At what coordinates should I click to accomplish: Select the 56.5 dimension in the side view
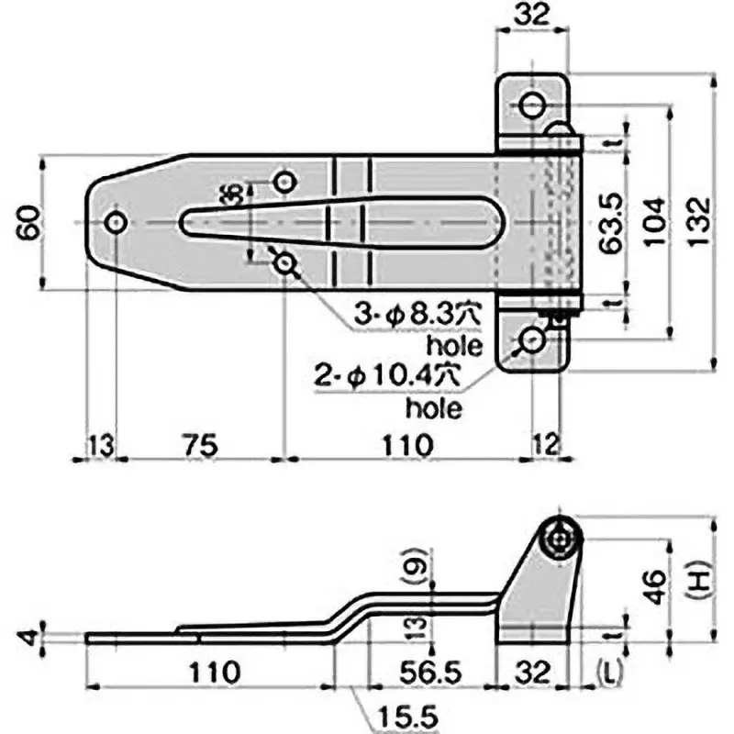coord(430,671)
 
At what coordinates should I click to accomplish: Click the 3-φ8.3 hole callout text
coord(417,317)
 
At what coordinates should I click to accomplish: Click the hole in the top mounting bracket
coord(530,106)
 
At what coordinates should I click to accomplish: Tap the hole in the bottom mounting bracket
coord(531,341)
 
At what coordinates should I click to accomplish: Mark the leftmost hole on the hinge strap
coord(116,223)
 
